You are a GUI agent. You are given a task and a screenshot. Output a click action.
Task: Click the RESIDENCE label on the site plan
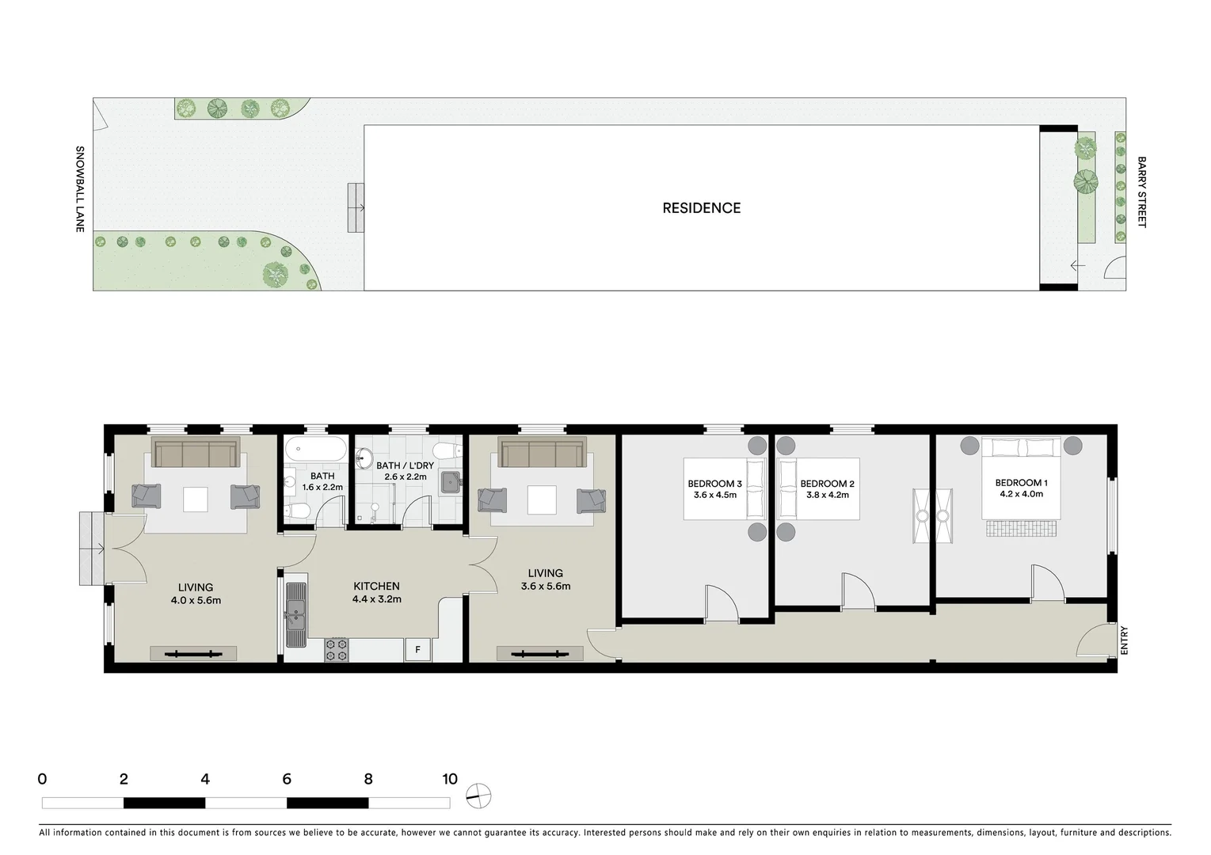(x=701, y=208)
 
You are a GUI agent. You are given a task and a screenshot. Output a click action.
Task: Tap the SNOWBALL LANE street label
(x=79, y=189)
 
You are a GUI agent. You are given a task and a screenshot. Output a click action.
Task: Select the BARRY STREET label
(x=1141, y=192)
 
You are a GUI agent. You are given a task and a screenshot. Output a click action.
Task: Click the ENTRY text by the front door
(x=1123, y=640)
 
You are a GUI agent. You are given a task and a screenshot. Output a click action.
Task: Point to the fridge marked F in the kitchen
(x=418, y=650)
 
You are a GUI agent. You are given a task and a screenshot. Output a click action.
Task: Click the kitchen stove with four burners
(x=337, y=650)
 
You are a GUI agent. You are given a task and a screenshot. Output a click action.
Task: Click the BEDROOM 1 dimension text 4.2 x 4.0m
(x=1021, y=494)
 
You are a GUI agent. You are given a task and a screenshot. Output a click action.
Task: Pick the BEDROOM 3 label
(x=714, y=484)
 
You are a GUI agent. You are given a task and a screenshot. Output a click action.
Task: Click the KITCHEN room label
(x=376, y=587)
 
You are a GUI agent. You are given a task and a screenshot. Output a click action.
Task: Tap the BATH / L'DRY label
(x=405, y=465)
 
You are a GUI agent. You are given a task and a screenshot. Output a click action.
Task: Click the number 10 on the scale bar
(x=450, y=779)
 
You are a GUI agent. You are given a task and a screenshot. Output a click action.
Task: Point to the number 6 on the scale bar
(x=287, y=779)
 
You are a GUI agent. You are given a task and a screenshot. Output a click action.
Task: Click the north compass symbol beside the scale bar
(x=478, y=796)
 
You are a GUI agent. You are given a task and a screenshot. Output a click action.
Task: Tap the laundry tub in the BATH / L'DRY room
(x=450, y=481)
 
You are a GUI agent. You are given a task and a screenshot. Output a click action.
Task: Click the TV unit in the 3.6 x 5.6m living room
(x=540, y=654)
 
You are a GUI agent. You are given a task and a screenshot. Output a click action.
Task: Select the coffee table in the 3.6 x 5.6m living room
(x=543, y=500)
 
